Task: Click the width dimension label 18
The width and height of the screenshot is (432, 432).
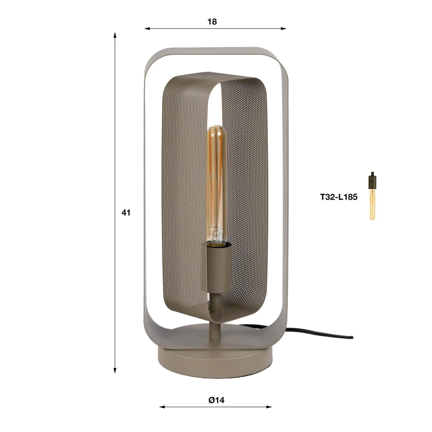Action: (x=212, y=22)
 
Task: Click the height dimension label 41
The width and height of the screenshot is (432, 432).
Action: (x=126, y=213)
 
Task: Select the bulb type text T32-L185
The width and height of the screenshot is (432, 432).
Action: (x=339, y=197)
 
